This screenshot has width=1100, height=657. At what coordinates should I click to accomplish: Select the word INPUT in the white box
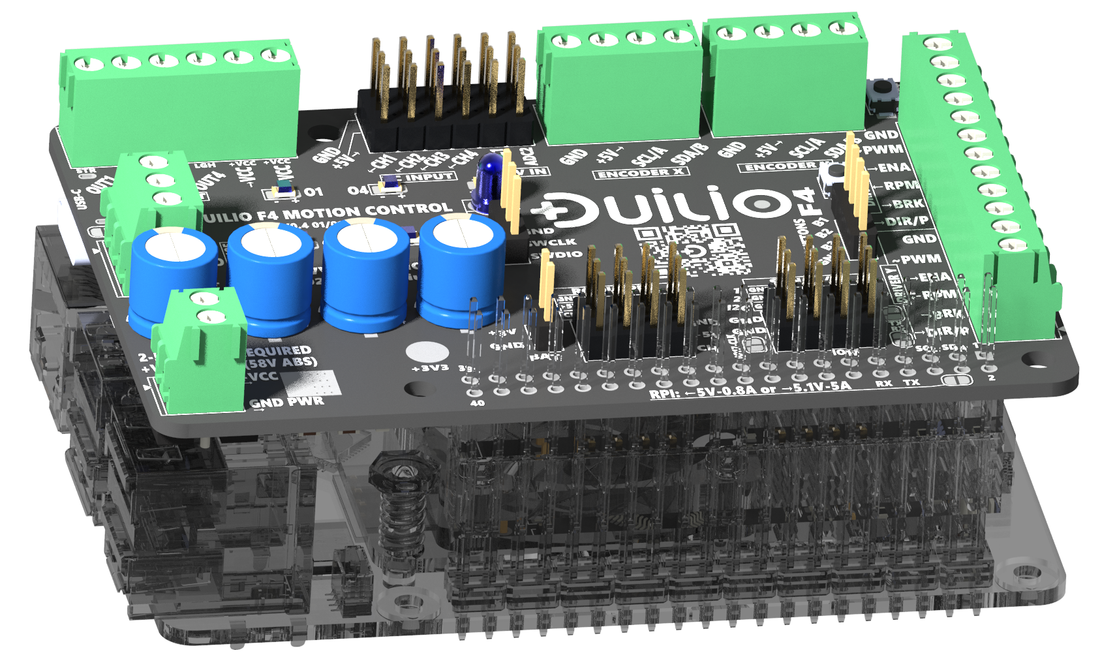tap(429, 177)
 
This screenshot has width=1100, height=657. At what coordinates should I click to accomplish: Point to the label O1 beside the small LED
tap(313, 192)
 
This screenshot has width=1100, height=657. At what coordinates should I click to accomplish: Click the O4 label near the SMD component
tap(358, 190)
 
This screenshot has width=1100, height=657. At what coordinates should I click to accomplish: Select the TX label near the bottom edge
tap(911, 382)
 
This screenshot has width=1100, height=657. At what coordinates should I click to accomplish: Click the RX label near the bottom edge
tap(884, 383)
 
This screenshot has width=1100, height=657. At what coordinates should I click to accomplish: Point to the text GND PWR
tap(288, 402)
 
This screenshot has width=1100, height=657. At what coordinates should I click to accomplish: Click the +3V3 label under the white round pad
tap(430, 368)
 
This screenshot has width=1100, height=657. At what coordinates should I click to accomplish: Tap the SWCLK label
tap(553, 243)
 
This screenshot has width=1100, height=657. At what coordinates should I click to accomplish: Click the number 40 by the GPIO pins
tap(478, 403)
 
